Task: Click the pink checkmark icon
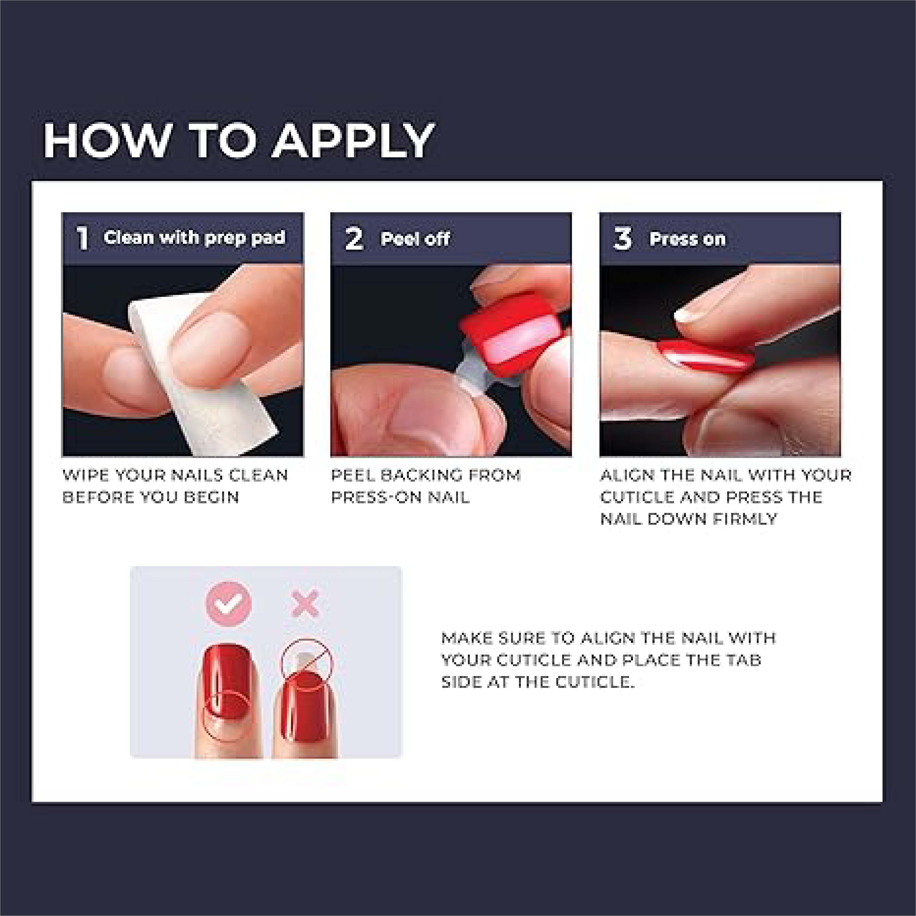coord(229,604)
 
